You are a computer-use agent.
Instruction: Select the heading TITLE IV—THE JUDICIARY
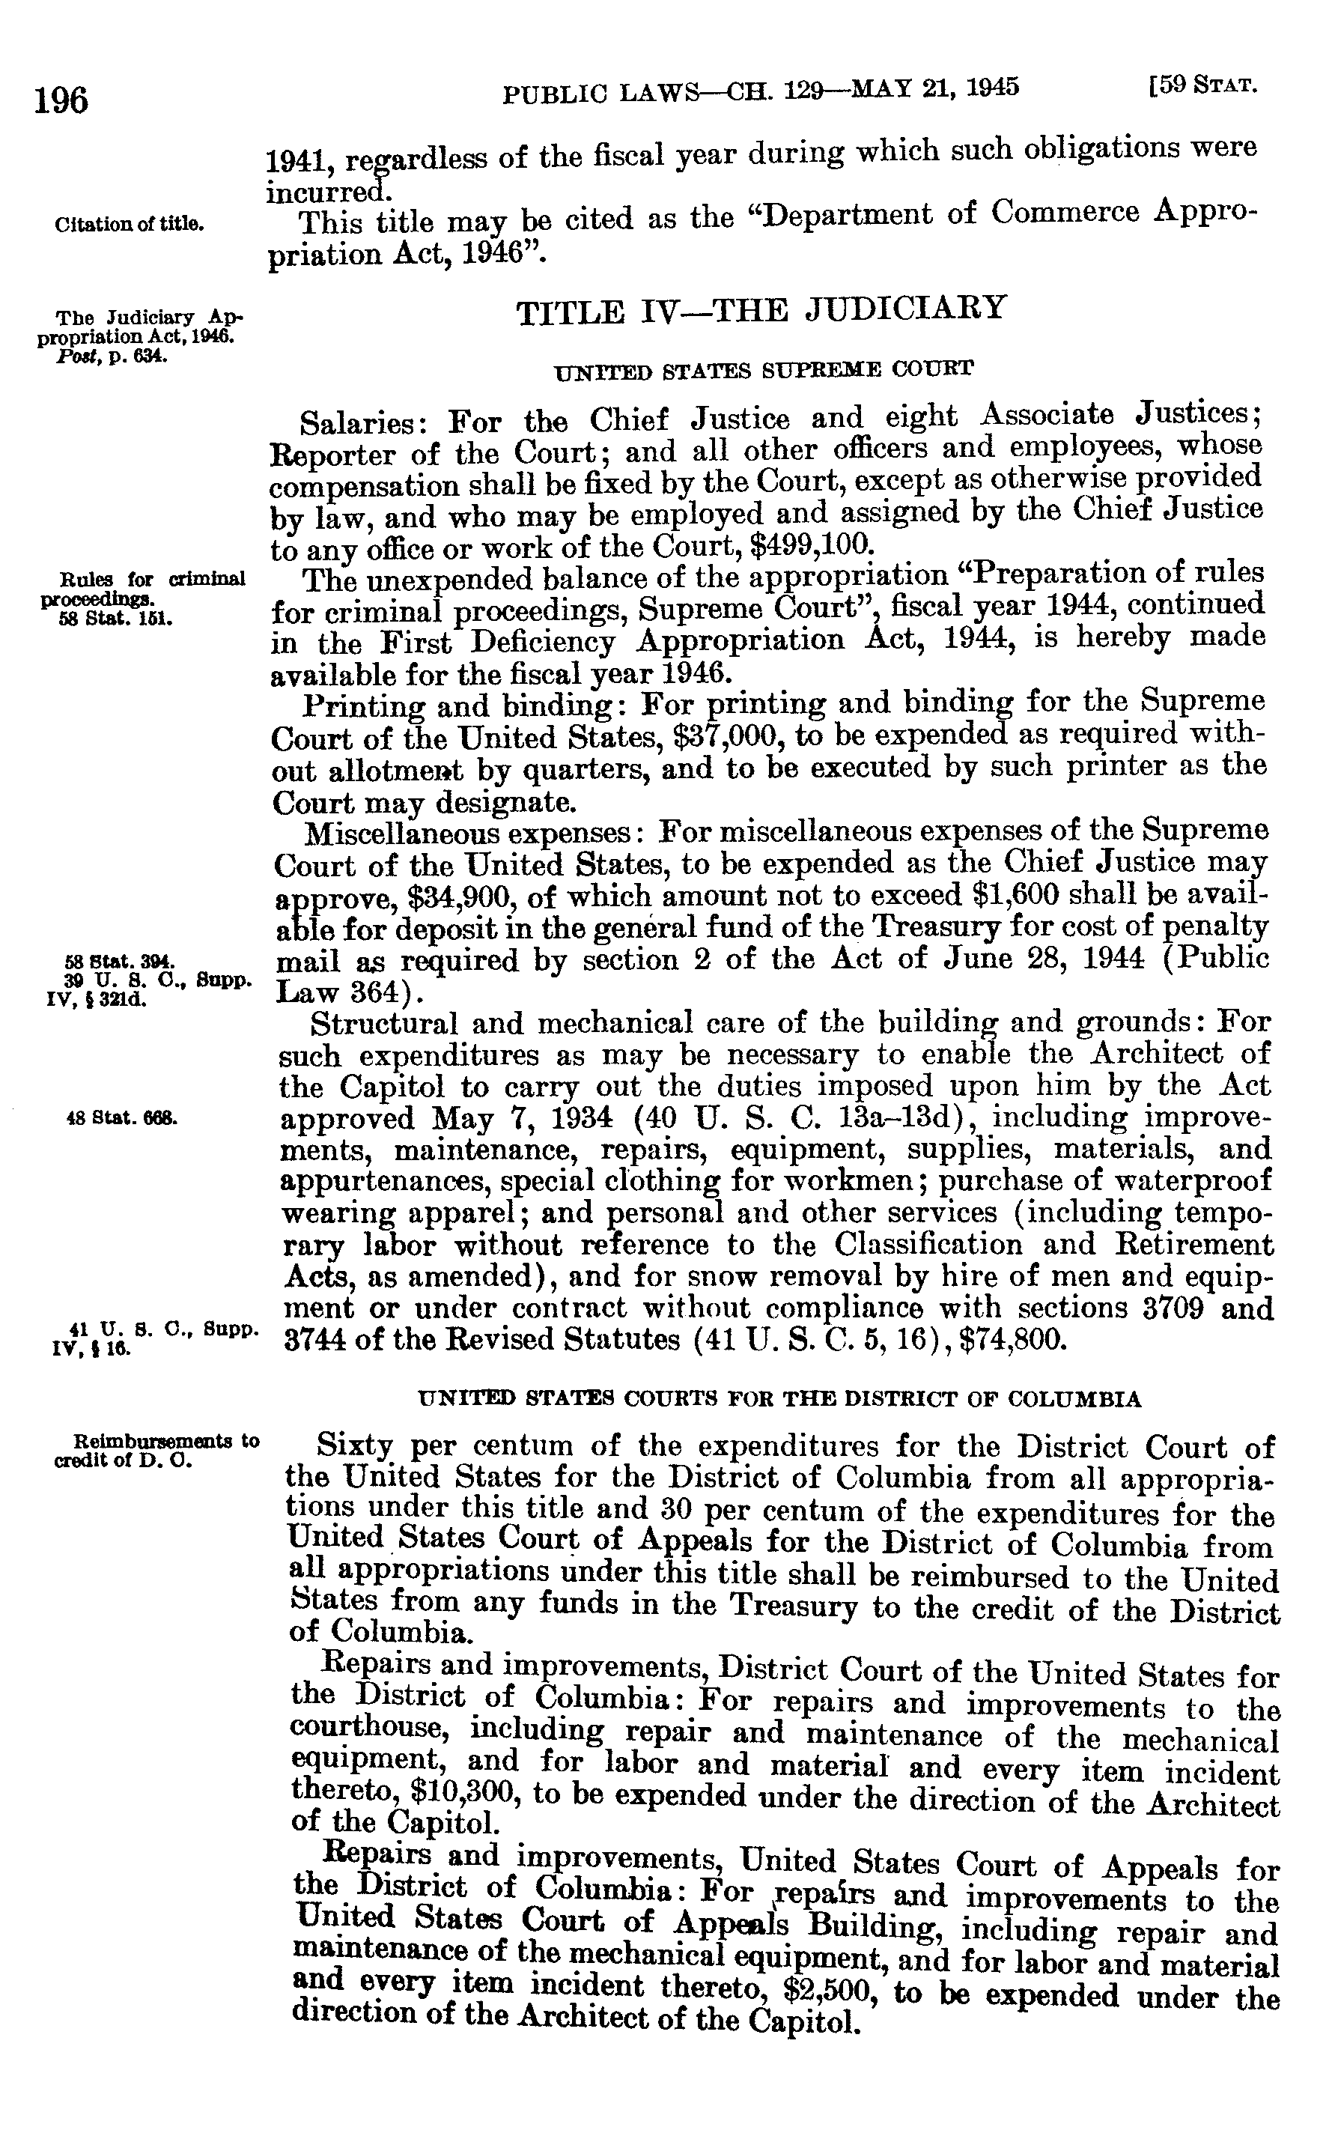click(760, 309)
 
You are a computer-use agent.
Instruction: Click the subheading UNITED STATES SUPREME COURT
click(763, 368)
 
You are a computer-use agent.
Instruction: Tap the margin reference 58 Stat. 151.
click(110, 618)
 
